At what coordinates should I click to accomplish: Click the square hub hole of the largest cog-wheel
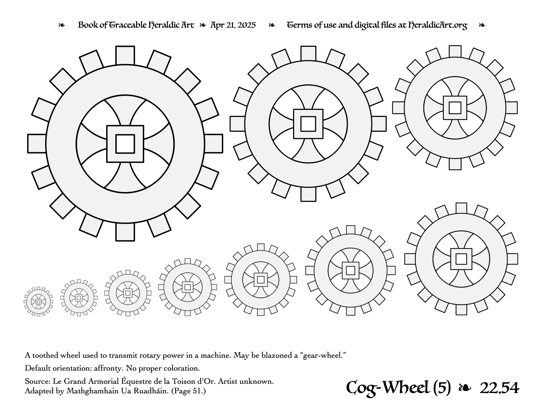tap(125, 144)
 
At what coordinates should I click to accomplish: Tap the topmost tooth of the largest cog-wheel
tap(125, 56)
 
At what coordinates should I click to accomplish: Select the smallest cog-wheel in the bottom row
tap(38, 301)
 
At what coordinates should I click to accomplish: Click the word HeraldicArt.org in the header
tap(438, 25)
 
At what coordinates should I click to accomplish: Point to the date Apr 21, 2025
tap(233, 25)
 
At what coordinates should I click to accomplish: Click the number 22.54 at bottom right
tap(499, 388)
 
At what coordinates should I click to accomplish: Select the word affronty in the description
tap(108, 369)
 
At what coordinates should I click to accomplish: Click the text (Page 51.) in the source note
tap(189, 391)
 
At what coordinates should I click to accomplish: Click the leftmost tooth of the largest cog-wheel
tap(37, 144)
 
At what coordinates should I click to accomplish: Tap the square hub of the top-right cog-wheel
tap(455, 108)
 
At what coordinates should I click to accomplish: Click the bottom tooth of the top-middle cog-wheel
tap(308, 194)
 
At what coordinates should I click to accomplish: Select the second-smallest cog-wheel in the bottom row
tap(79, 298)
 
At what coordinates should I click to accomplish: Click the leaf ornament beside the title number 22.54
tap(465, 388)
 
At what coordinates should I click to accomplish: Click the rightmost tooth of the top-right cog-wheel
tap(511, 108)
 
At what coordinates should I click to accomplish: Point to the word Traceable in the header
tap(128, 25)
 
